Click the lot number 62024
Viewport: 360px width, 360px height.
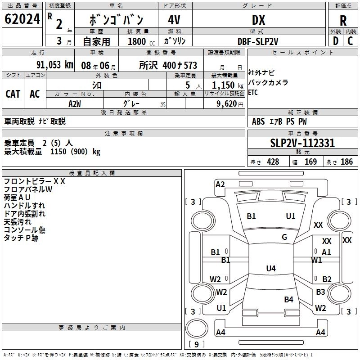click(x=22, y=19)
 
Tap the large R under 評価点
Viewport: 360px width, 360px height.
click(x=343, y=21)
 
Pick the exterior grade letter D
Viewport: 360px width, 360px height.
click(x=335, y=41)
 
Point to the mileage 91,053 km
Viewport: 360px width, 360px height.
click(x=54, y=65)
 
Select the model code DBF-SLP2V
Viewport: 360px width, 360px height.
click(x=258, y=41)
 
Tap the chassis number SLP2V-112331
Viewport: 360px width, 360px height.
click(x=302, y=143)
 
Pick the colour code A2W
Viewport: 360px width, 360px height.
click(x=75, y=104)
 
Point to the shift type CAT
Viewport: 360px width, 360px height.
click(x=13, y=94)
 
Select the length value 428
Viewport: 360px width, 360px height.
click(x=273, y=162)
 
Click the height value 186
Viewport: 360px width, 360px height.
click(x=346, y=162)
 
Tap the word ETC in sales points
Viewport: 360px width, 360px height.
click(x=253, y=93)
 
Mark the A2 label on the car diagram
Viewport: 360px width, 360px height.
click(x=220, y=184)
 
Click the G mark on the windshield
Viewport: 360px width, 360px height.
click(x=284, y=237)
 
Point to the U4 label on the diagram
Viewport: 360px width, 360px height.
click(x=270, y=268)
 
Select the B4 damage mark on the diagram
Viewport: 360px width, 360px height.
click(x=288, y=299)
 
